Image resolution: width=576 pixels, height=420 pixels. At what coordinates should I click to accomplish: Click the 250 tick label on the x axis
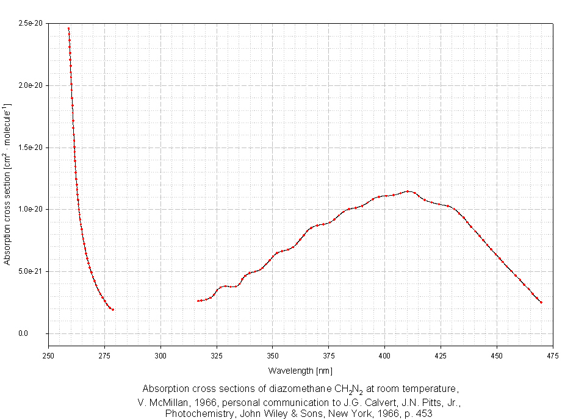tap(48, 355)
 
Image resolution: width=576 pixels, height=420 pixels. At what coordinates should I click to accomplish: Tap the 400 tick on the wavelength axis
tap(384, 355)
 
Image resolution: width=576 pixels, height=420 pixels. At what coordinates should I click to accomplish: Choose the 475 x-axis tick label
tap(553, 355)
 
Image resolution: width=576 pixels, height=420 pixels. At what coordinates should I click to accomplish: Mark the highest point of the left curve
tap(68, 28)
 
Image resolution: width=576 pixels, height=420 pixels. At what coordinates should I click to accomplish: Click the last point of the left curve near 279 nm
tap(113, 310)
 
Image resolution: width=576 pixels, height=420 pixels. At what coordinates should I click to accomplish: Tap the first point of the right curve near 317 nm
tap(198, 301)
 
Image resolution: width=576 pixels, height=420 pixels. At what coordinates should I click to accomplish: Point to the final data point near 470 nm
tap(541, 302)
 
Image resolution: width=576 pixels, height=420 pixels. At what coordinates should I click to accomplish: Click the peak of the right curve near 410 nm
tap(408, 191)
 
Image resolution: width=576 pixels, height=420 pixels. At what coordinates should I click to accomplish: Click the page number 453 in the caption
tap(425, 413)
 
